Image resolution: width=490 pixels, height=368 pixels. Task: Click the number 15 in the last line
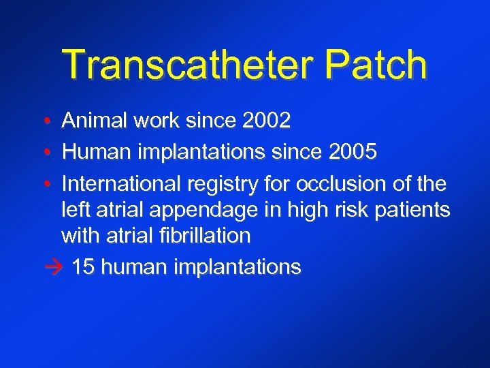click(x=82, y=266)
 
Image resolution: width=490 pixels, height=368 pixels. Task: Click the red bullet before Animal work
click(x=45, y=122)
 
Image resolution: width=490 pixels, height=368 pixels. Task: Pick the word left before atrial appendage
click(x=75, y=210)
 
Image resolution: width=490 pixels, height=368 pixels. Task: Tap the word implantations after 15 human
click(x=238, y=267)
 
